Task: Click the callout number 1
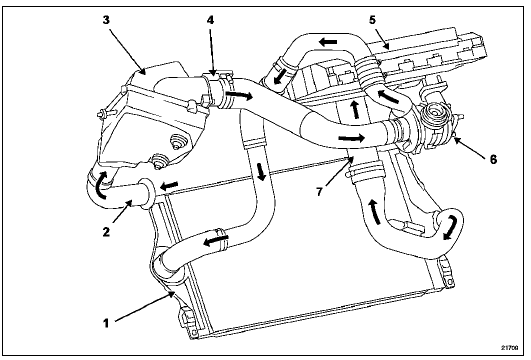point(106,323)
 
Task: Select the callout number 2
point(106,232)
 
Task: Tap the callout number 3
point(106,20)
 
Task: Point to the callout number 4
point(210,20)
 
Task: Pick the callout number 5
point(372,20)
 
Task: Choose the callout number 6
point(493,159)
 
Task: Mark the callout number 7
point(320,191)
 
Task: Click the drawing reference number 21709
point(511,347)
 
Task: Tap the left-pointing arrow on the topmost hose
point(328,42)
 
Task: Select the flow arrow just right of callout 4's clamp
point(240,95)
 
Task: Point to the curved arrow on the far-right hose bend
point(452,228)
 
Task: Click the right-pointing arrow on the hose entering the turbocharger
point(352,137)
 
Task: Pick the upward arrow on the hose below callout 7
point(375,212)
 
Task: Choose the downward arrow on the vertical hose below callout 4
point(261,171)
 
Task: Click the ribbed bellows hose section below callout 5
point(366,73)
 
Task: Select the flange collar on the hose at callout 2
point(148,193)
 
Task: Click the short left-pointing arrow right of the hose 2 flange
point(169,186)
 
